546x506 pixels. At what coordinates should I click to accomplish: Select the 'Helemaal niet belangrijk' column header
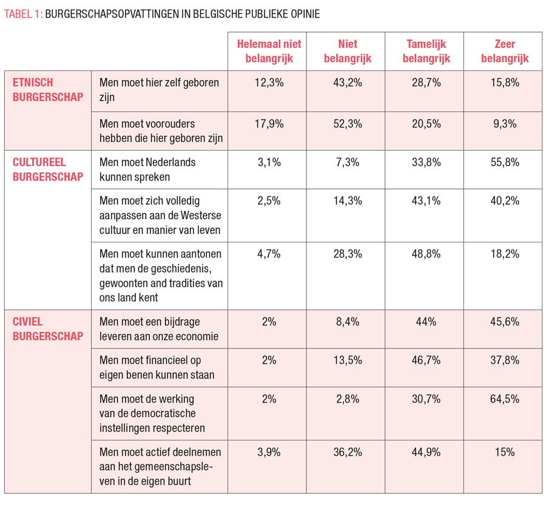point(269,52)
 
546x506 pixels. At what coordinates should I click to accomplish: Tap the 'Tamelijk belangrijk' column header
point(426,52)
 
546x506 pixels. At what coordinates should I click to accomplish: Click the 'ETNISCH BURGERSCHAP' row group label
point(48,90)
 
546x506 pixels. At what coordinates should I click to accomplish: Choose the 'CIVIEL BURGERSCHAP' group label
point(48,329)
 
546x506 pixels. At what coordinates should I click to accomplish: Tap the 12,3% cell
point(269,83)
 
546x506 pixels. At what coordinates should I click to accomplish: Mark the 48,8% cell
point(426,254)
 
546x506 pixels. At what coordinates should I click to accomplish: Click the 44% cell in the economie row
point(426,322)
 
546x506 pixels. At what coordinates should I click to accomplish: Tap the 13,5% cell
point(348,360)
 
